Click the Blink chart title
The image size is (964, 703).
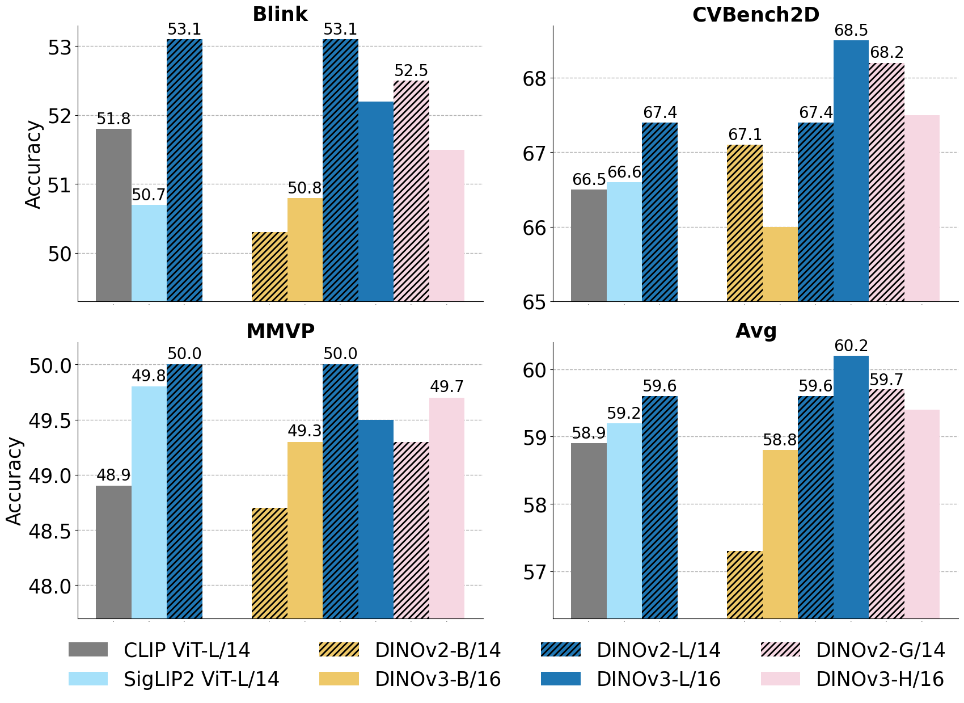280,14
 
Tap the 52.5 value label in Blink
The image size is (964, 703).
411,71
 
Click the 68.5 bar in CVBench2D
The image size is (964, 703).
851,170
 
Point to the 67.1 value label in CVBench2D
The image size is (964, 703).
745,135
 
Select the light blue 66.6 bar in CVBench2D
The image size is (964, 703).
624,241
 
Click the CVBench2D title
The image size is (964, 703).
755,15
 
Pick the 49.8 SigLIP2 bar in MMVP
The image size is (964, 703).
149,502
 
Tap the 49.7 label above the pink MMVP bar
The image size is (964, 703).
447,387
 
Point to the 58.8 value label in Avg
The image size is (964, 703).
780,440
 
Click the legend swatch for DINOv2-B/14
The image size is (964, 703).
339,650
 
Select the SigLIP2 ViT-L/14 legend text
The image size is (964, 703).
201,679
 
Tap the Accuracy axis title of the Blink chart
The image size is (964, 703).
34,165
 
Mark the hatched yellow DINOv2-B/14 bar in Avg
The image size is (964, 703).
745,584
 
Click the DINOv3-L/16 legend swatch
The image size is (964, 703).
560,679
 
